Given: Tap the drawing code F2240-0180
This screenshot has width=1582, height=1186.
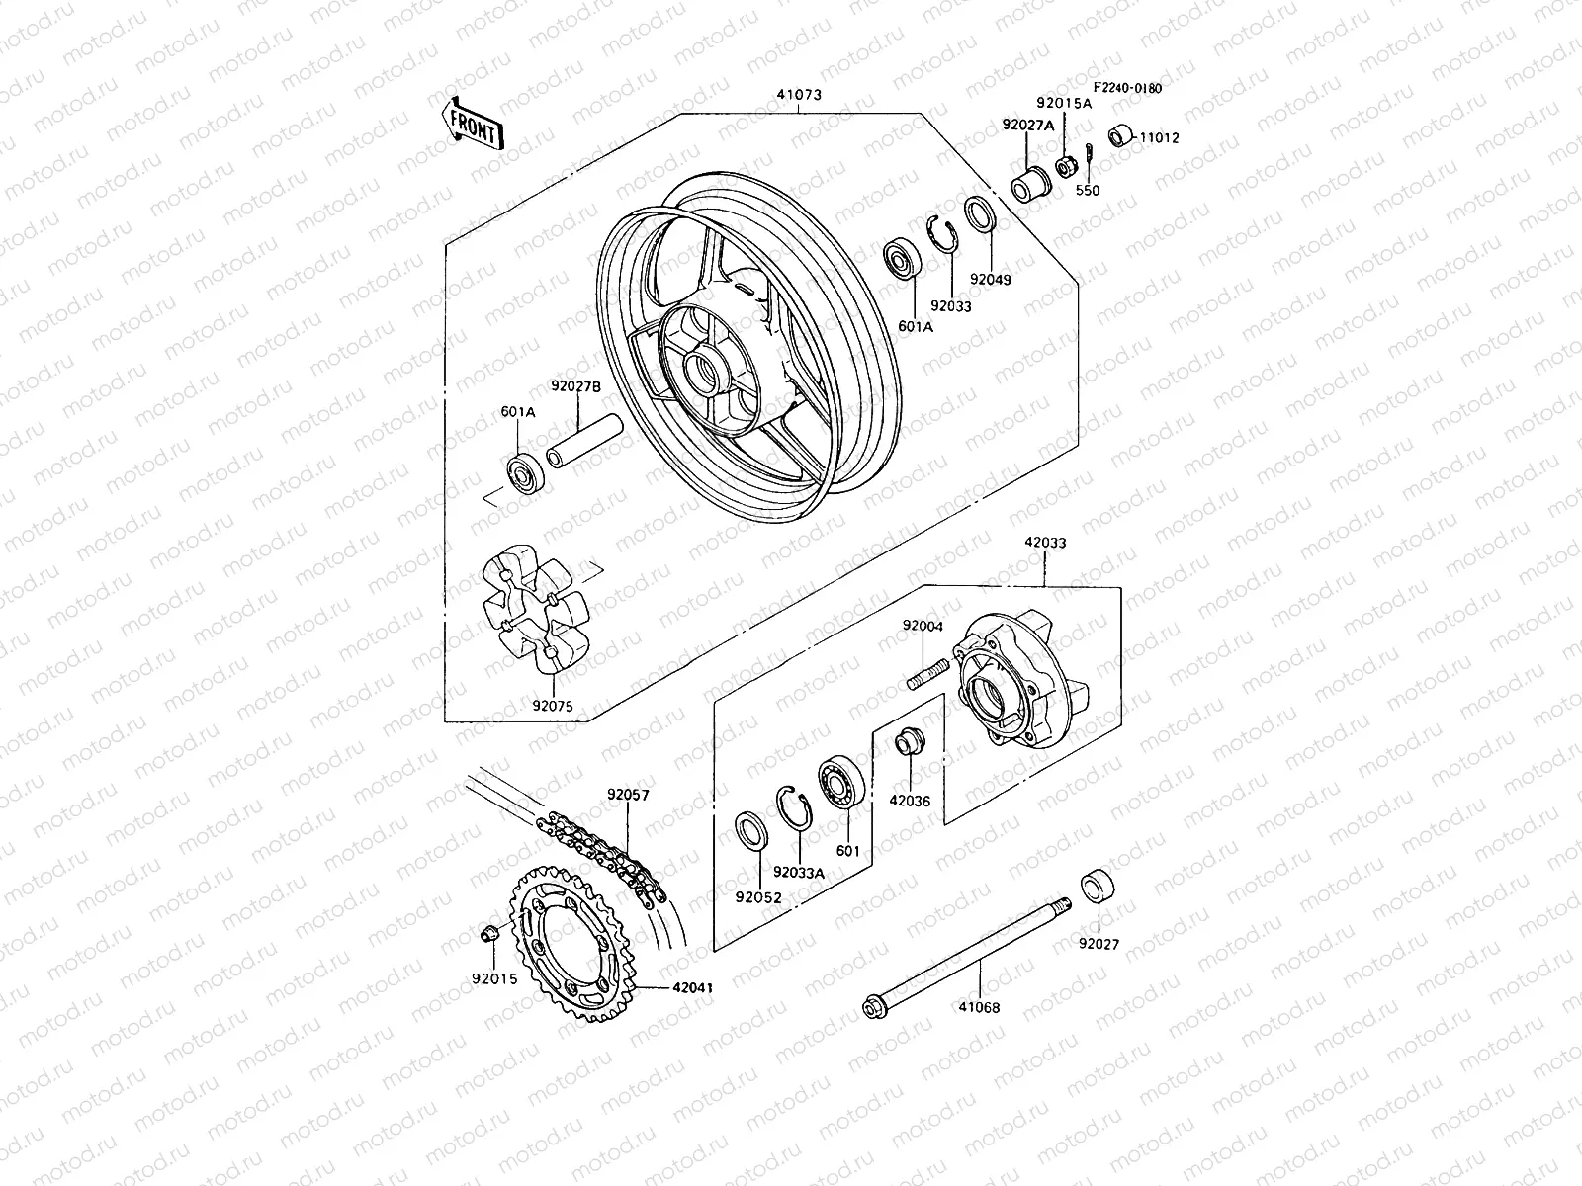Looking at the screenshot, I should tap(1127, 88).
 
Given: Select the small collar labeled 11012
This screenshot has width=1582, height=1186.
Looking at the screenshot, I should tap(1120, 134).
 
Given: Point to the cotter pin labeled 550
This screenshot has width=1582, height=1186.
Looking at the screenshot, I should tap(1089, 154).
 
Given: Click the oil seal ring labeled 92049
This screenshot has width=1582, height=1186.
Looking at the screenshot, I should tap(980, 213).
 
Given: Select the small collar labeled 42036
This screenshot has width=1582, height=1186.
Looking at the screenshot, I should tap(908, 743).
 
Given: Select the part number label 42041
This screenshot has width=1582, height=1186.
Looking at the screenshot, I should tap(693, 987).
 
